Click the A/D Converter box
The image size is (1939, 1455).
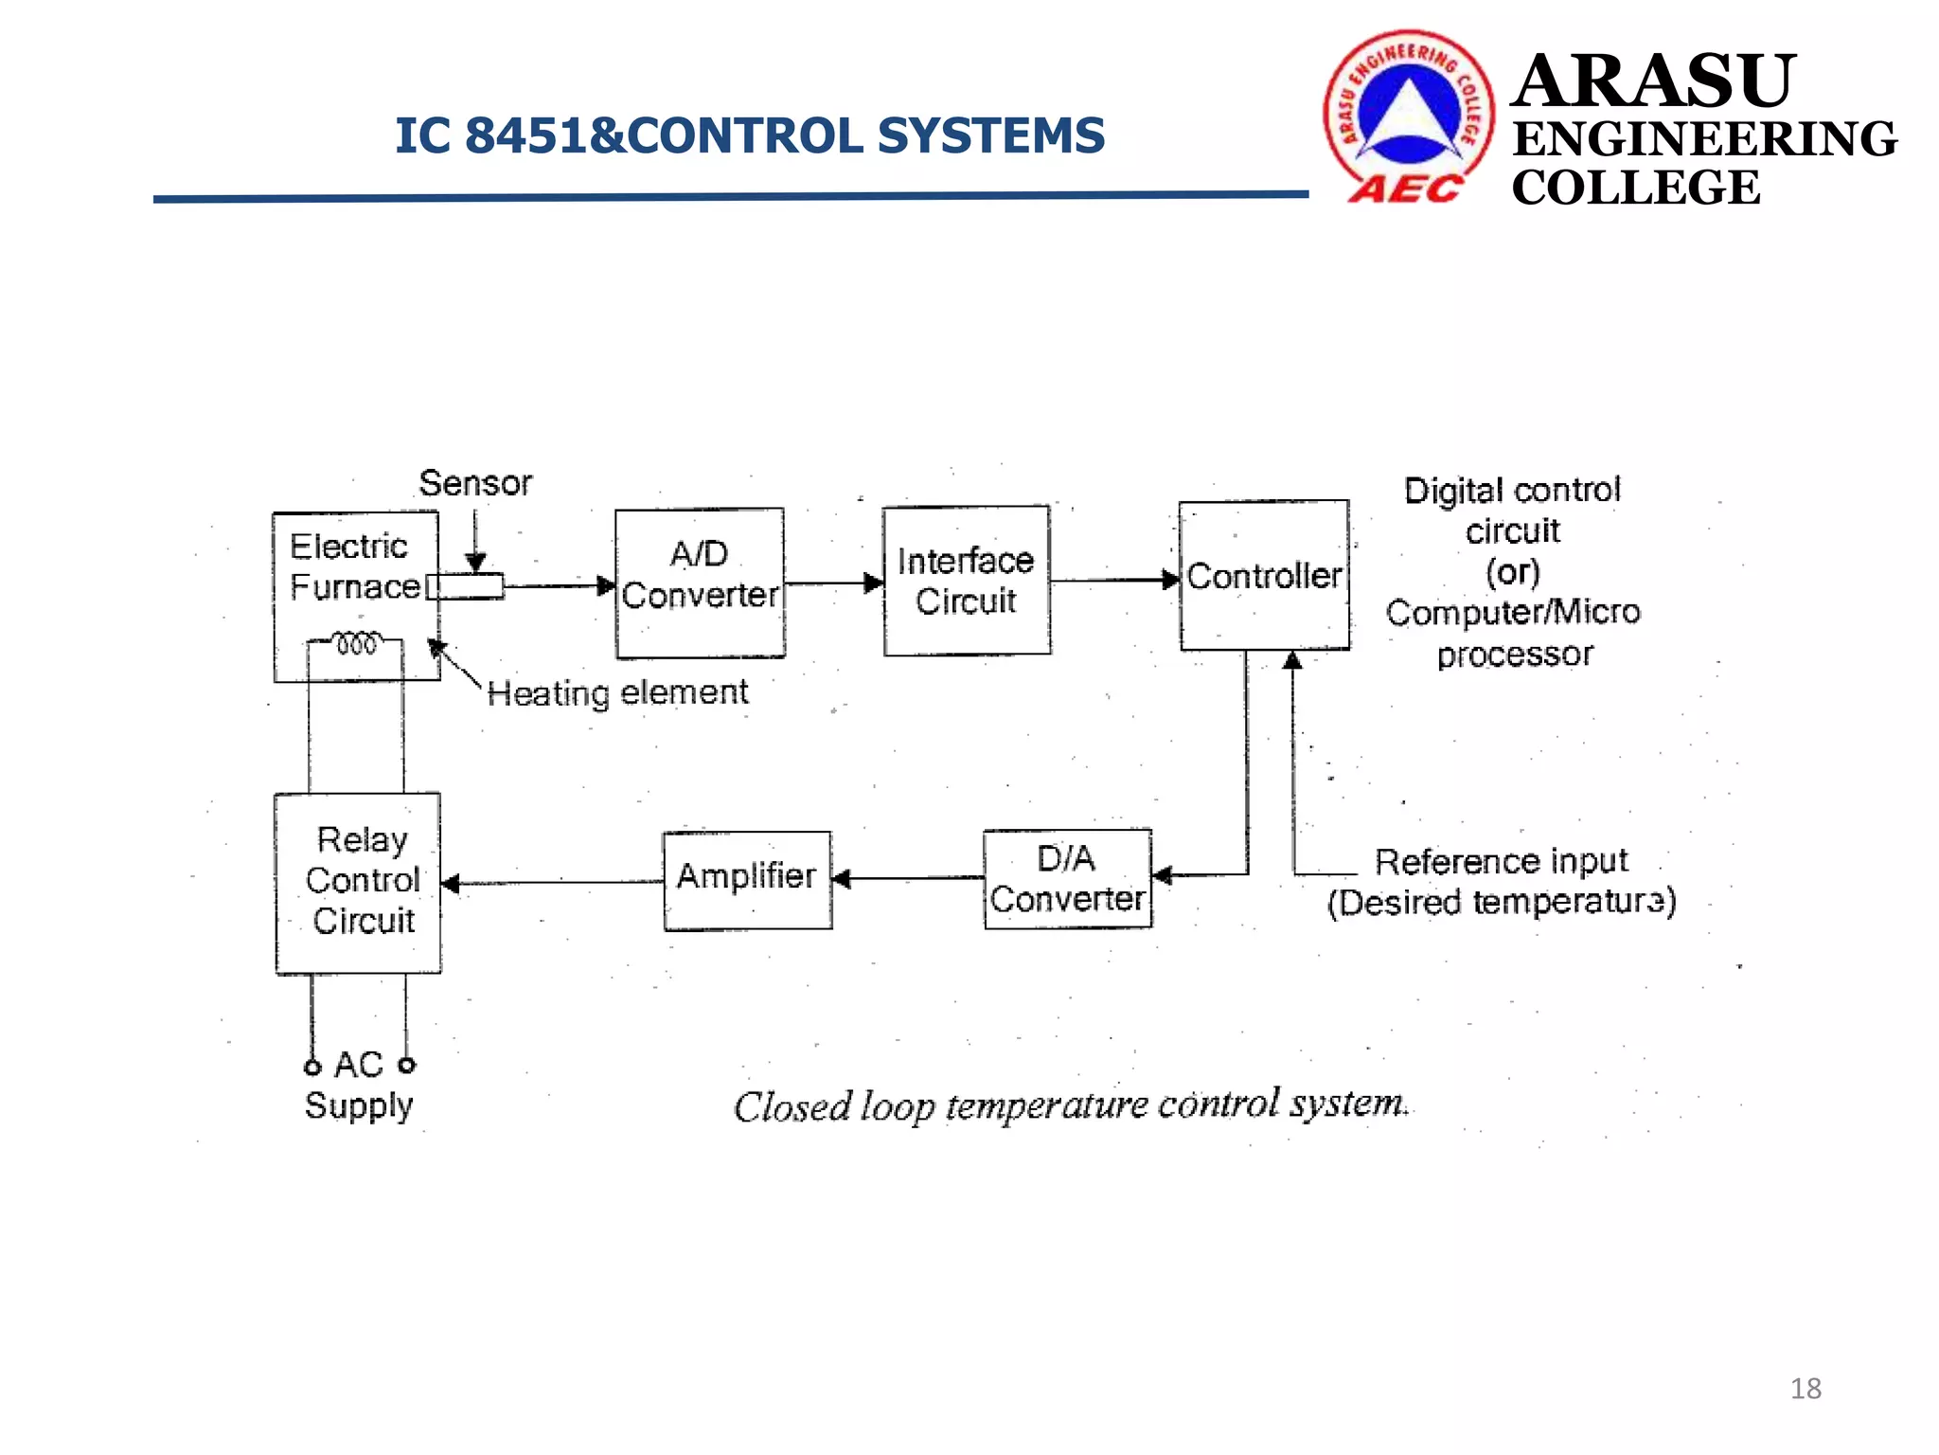pyautogui.click(x=700, y=583)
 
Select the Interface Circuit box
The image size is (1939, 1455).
pyautogui.click(x=966, y=581)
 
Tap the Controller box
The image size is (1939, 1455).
pyautogui.click(x=1264, y=575)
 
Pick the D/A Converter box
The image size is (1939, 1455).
pyautogui.click(x=1067, y=879)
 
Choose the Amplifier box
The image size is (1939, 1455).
pyautogui.click(x=747, y=880)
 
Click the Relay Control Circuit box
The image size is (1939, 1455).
pyautogui.click(x=358, y=883)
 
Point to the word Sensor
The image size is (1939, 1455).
pyautogui.click(x=475, y=483)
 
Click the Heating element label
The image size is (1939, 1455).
pyautogui.click(x=617, y=692)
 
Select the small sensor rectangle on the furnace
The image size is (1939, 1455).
pyautogui.click(x=465, y=586)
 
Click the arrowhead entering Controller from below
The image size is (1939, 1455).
pyautogui.click(x=1292, y=660)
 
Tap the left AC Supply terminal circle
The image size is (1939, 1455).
pyautogui.click(x=312, y=1068)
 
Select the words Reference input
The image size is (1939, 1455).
pyautogui.click(x=1501, y=861)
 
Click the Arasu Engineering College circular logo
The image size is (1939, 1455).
pyautogui.click(x=1408, y=116)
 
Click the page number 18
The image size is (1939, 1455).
pyautogui.click(x=1806, y=1389)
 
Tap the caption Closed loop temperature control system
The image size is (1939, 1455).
pyautogui.click(x=1070, y=1105)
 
